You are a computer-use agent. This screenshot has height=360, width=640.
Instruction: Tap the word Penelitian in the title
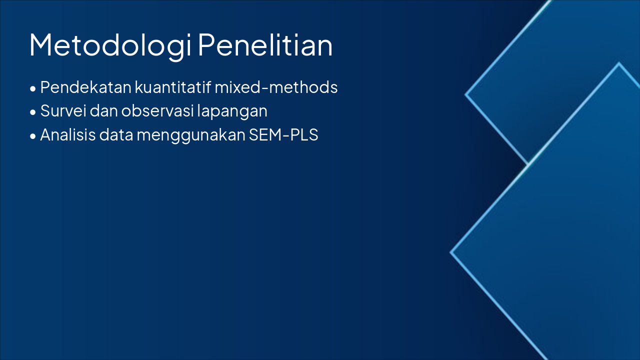(x=265, y=45)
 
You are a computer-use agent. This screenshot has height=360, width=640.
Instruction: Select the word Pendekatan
(x=86, y=87)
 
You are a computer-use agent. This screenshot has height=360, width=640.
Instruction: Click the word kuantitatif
(x=172, y=87)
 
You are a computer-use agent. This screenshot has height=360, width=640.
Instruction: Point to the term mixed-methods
(x=276, y=87)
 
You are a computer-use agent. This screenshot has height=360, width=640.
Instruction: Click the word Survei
(x=62, y=111)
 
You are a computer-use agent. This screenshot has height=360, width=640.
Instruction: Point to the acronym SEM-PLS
(x=283, y=135)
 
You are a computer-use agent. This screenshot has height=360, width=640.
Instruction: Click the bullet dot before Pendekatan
(x=33, y=88)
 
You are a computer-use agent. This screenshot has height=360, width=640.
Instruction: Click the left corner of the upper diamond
(x=466, y=94)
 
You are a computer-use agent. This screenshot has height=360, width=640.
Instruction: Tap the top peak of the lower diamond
(x=619, y=63)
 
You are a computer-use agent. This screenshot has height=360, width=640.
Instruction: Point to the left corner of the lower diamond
(x=451, y=252)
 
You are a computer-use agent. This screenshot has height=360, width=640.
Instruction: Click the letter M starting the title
(x=41, y=45)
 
